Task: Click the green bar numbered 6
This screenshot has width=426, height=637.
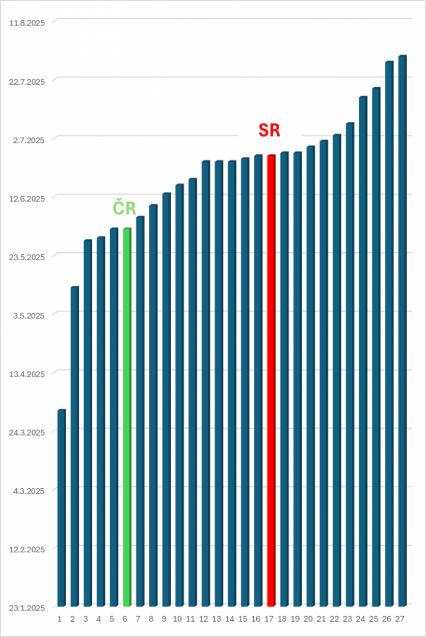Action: pyautogui.click(x=127, y=418)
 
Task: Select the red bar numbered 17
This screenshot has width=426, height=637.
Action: pyautogui.click(x=271, y=382)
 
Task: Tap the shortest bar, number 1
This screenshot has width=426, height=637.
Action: pyautogui.click(x=61, y=510)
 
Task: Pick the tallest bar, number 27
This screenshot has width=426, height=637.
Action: pyautogui.click(x=402, y=331)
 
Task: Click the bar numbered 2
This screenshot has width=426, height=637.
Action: pyautogui.click(x=74, y=448)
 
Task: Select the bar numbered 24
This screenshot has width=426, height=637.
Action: pyautogui.click(x=363, y=352)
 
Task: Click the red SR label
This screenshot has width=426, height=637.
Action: pyautogui.click(x=269, y=130)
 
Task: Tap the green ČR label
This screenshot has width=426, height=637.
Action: pyautogui.click(x=124, y=207)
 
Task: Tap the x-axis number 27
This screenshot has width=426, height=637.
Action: pyautogui.click(x=400, y=619)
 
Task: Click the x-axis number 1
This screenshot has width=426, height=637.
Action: pyautogui.click(x=59, y=619)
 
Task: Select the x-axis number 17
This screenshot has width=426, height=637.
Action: pyautogui.click(x=269, y=619)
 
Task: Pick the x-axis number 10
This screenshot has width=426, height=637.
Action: pyautogui.click(x=177, y=619)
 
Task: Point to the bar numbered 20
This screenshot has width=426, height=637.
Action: pyautogui.click(x=310, y=377)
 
